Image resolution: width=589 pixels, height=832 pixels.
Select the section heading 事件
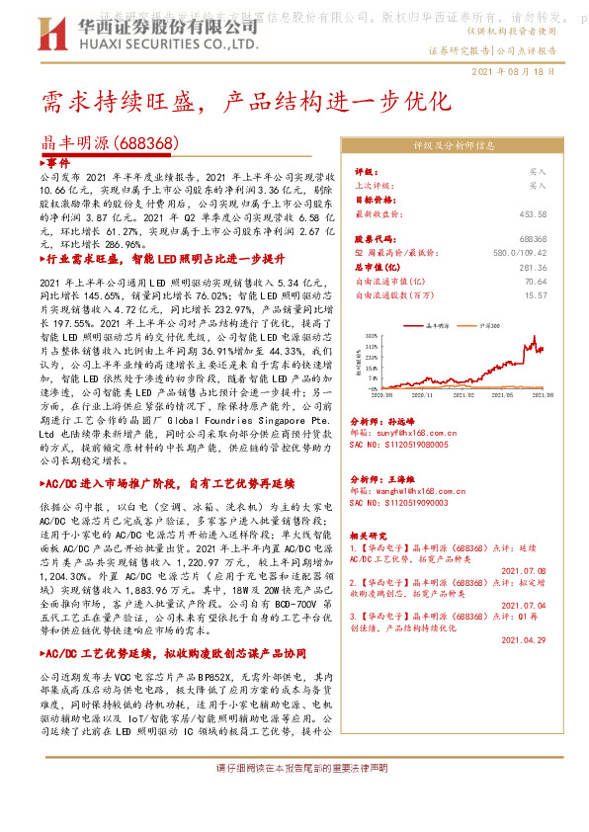point(58,161)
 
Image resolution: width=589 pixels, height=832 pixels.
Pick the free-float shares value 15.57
point(536,294)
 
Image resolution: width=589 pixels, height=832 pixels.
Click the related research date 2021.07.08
point(524,570)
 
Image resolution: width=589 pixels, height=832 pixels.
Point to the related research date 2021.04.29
point(524,639)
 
